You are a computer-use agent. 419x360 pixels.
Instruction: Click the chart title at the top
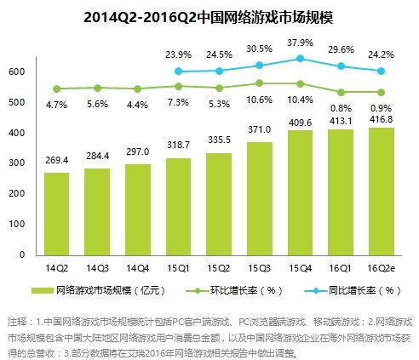(209, 17)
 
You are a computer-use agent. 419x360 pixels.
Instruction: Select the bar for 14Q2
(56, 213)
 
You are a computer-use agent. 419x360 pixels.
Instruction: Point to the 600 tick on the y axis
(16, 72)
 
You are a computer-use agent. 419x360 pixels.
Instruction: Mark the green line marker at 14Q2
(56, 89)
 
